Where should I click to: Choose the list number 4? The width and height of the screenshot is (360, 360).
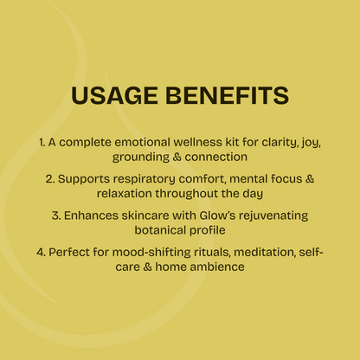[x=41, y=252]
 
